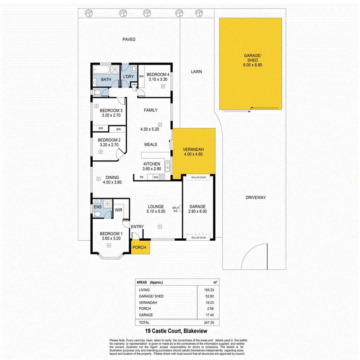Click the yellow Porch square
(139, 247)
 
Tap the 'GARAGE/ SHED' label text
(250, 58)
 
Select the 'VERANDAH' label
(193, 149)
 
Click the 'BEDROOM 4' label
(158, 75)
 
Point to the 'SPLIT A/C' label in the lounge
(176, 209)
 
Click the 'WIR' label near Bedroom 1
(119, 210)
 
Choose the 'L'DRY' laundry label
(128, 76)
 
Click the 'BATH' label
(106, 80)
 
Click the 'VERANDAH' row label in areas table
(147, 302)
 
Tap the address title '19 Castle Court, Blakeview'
(176, 331)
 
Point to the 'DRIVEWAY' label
(256, 197)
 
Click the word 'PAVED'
(129, 39)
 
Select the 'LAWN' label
(196, 71)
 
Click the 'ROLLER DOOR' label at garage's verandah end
(199, 178)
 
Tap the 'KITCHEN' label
(152, 164)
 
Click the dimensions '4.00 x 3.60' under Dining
(112, 182)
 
